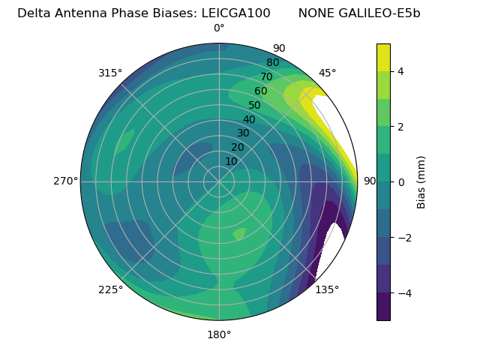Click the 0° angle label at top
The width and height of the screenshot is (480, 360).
(219, 28)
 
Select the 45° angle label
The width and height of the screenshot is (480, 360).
(327, 73)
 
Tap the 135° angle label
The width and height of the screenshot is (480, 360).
(327, 289)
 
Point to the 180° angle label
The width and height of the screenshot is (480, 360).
(219, 334)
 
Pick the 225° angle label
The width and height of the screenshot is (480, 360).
(110, 289)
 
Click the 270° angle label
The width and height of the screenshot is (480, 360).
(65, 181)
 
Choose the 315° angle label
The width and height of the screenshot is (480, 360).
(110, 73)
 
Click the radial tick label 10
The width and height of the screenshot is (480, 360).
(231, 161)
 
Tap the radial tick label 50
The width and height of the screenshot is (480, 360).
(254, 106)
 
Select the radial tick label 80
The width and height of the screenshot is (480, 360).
(272, 63)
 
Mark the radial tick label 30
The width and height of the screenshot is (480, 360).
(243, 133)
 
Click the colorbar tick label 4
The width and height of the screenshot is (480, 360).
(400, 71)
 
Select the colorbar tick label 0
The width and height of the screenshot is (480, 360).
(400, 181)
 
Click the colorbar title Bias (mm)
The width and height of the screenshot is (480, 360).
(421, 181)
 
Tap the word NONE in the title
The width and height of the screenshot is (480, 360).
(313, 13)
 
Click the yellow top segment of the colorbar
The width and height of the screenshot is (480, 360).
(383, 57)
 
